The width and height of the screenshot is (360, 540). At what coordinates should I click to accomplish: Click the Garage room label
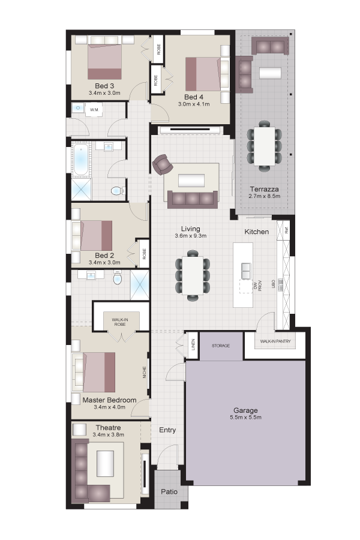coord(245,410)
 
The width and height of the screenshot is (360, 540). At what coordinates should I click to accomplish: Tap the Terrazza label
coord(264,189)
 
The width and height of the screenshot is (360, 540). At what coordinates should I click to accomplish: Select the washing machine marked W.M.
coord(94,110)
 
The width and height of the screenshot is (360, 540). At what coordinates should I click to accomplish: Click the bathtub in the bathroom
coord(82,159)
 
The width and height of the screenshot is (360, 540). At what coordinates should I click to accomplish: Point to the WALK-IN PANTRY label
coord(275,341)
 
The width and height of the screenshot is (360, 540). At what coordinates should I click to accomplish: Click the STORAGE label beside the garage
coord(220,346)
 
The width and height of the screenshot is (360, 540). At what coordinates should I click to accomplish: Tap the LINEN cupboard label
coord(193,344)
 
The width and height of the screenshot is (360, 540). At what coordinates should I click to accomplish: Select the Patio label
coord(169,491)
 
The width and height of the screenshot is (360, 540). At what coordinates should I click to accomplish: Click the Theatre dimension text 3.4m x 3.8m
coord(108,434)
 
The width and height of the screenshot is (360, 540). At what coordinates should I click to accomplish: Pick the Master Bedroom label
coord(109,400)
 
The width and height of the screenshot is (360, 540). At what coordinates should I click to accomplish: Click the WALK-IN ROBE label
coord(120,322)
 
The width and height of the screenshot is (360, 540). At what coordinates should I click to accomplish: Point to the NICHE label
coord(145,372)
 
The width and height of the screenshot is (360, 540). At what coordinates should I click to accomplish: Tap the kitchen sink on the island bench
coord(246,271)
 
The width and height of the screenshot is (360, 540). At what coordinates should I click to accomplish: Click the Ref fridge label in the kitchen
coord(286,230)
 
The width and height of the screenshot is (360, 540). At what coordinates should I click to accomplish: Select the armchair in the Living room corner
coord(163,164)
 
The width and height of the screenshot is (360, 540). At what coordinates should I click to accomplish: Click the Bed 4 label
coord(194,97)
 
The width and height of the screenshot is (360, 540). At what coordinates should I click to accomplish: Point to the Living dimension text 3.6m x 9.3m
coord(191,236)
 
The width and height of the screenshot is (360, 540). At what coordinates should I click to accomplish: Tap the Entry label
coord(167,430)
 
